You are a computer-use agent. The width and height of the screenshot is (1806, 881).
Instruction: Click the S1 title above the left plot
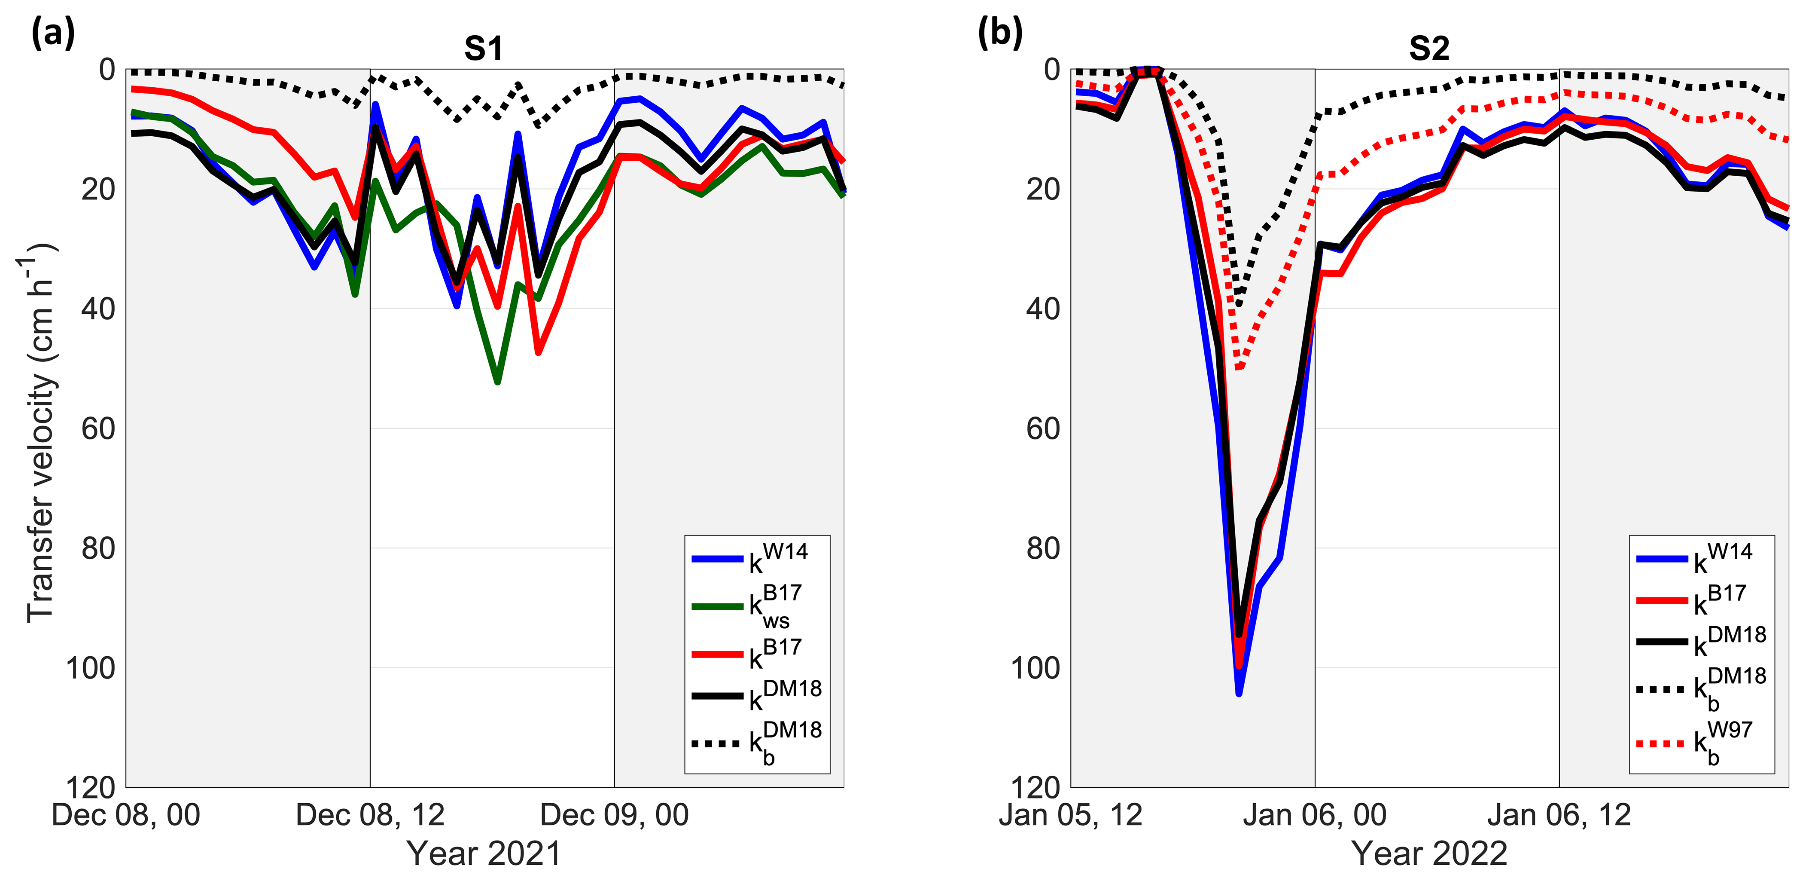click(484, 49)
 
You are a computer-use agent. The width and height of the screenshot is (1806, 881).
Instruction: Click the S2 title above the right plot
click(1429, 49)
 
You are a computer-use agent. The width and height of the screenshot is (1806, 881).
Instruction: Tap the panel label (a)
click(52, 33)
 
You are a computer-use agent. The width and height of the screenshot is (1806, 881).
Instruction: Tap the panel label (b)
click(1000, 33)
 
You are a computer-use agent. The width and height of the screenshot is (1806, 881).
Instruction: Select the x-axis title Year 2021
click(484, 853)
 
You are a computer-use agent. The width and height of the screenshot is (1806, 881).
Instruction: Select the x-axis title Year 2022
click(1429, 853)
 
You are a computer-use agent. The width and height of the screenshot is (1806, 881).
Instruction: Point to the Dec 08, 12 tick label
click(370, 816)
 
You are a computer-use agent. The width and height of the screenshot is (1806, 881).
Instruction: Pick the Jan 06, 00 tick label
click(1315, 816)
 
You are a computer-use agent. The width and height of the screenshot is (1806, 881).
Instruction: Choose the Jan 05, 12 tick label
click(1071, 816)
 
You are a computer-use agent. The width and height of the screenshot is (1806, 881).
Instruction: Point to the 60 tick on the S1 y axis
click(98, 428)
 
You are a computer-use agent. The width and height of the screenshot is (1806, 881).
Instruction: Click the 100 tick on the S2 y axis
click(1035, 668)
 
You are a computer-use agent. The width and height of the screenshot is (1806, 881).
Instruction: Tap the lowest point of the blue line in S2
click(1239, 694)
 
